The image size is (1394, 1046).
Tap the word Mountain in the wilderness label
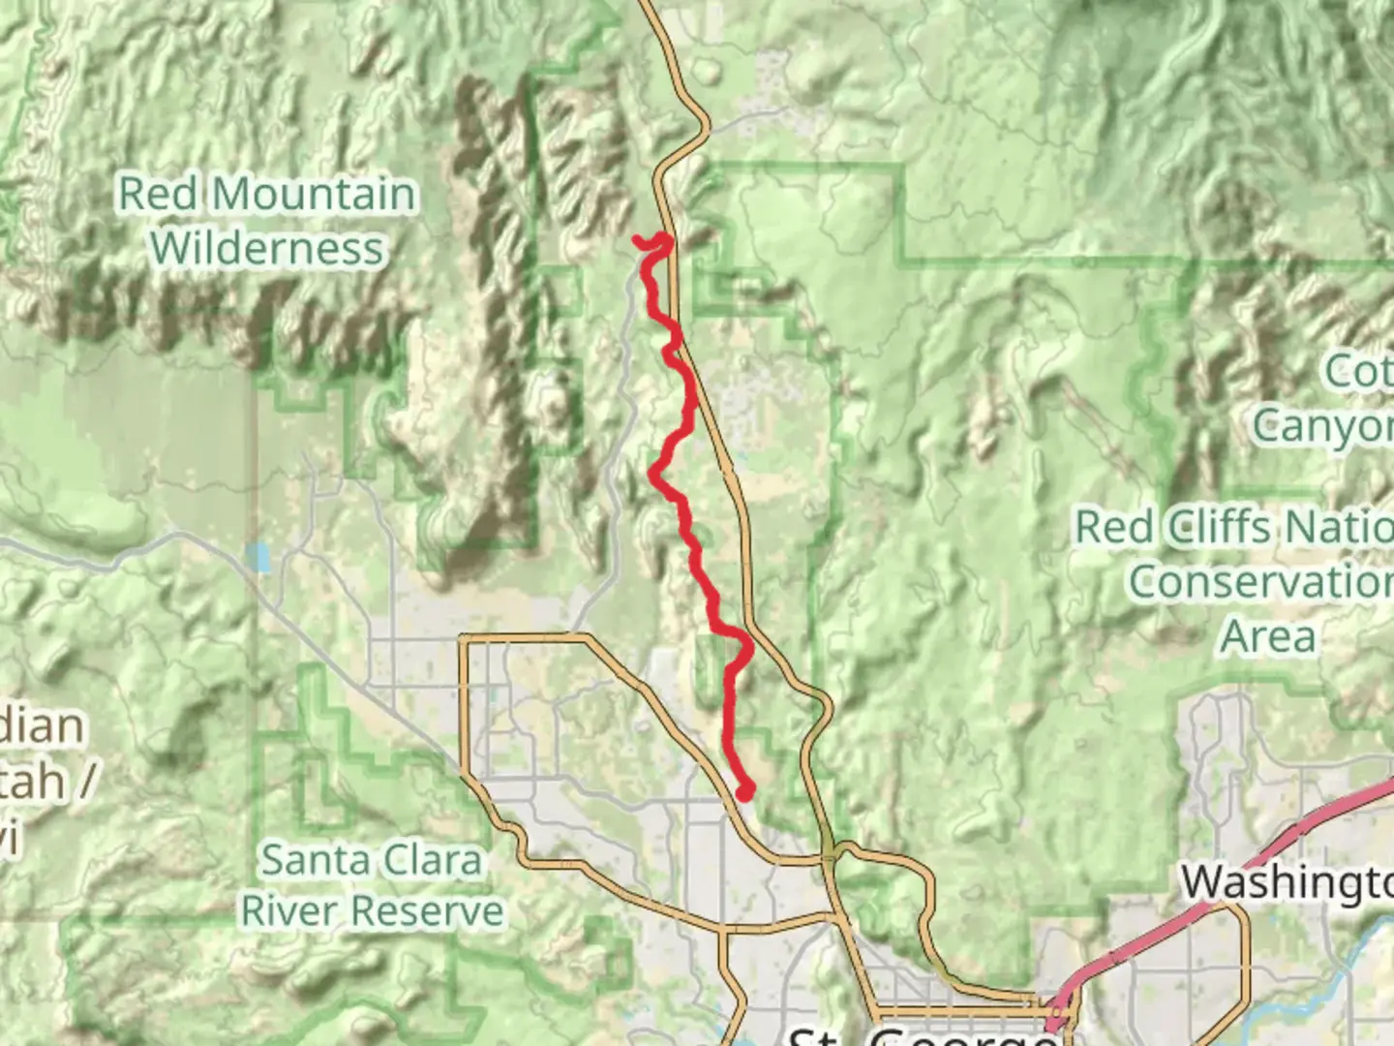click(x=314, y=194)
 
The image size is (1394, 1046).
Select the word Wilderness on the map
click(x=267, y=248)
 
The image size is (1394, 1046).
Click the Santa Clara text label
click(x=371, y=860)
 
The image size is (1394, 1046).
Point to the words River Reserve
click(x=373, y=910)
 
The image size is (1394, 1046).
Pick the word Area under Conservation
click(x=1268, y=636)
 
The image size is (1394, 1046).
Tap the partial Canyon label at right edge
click(x=1322, y=425)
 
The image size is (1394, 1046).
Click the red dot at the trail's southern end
click(x=745, y=792)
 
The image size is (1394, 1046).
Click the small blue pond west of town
click(x=258, y=557)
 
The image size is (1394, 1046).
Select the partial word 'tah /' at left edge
click(x=44, y=781)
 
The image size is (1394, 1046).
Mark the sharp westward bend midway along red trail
click(x=654, y=473)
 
